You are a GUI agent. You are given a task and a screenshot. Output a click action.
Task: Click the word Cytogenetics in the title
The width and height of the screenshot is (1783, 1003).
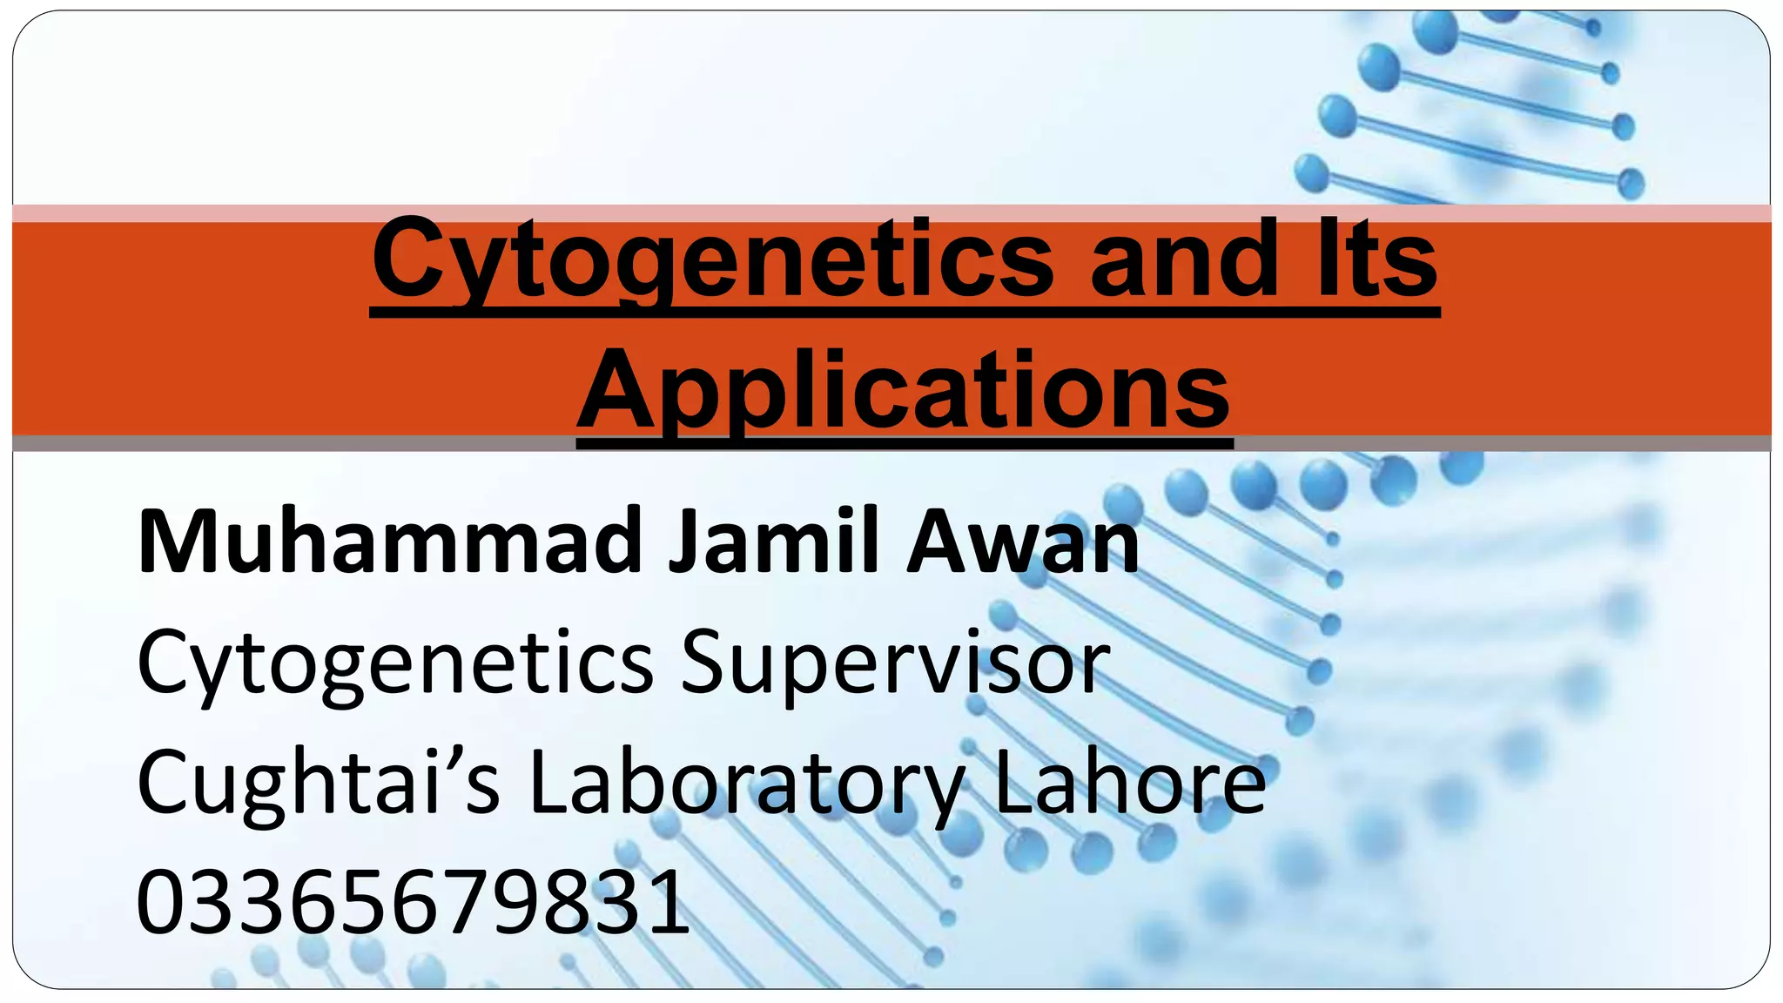(x=713, y=261)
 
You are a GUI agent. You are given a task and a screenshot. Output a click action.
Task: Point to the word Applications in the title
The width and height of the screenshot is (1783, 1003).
(x=904, y=392)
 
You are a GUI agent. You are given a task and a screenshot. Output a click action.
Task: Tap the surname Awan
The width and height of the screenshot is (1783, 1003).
(x=1023, y=542)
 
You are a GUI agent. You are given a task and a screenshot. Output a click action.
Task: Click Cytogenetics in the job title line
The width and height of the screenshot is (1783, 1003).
(x=395, y=663)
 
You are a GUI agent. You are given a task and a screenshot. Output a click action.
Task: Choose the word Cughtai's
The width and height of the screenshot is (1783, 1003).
(x=319, y=784)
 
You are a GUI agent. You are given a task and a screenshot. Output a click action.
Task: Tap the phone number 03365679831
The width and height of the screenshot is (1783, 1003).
(x=414, y=903)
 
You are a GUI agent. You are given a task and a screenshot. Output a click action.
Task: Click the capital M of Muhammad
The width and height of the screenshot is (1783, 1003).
(x=178, y=542)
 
